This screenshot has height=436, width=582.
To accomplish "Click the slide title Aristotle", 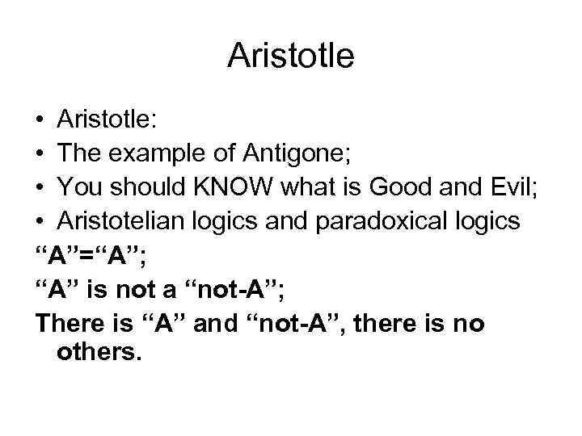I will click(291, 56).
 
